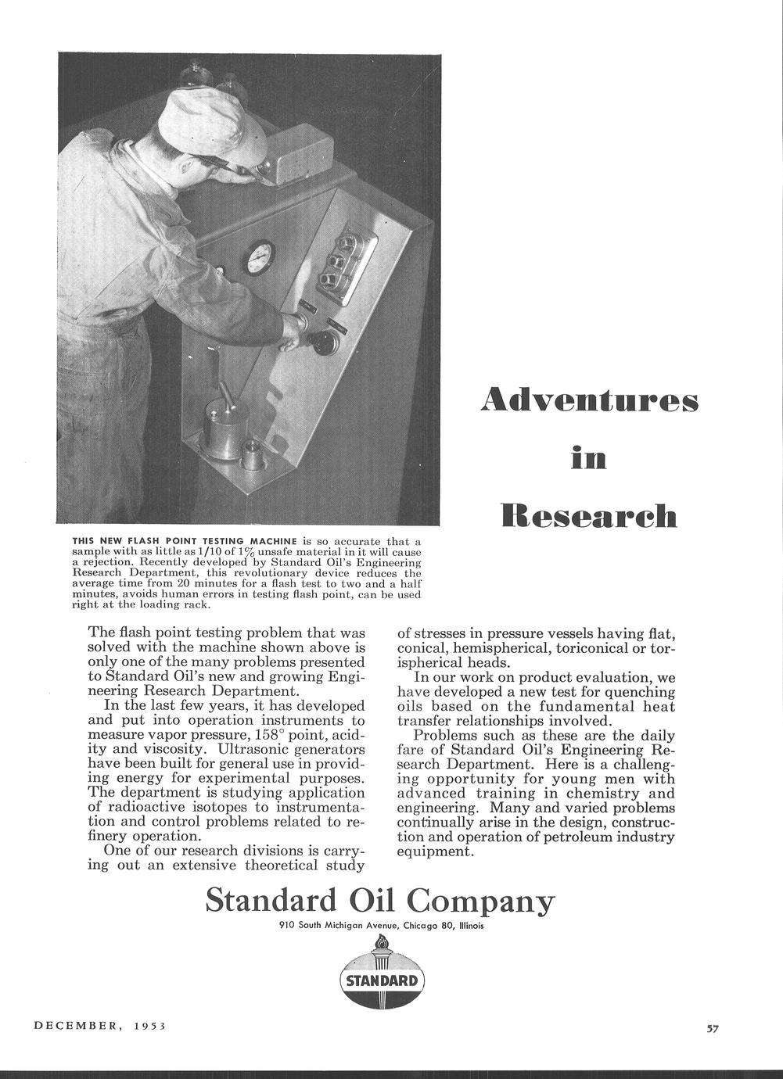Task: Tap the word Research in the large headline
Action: pyautogui.click(x=588, y=515)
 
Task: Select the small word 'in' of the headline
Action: pyautogui.click(x=588, y=457)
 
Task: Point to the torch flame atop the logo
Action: pyautogui.click(x=382, y=944)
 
